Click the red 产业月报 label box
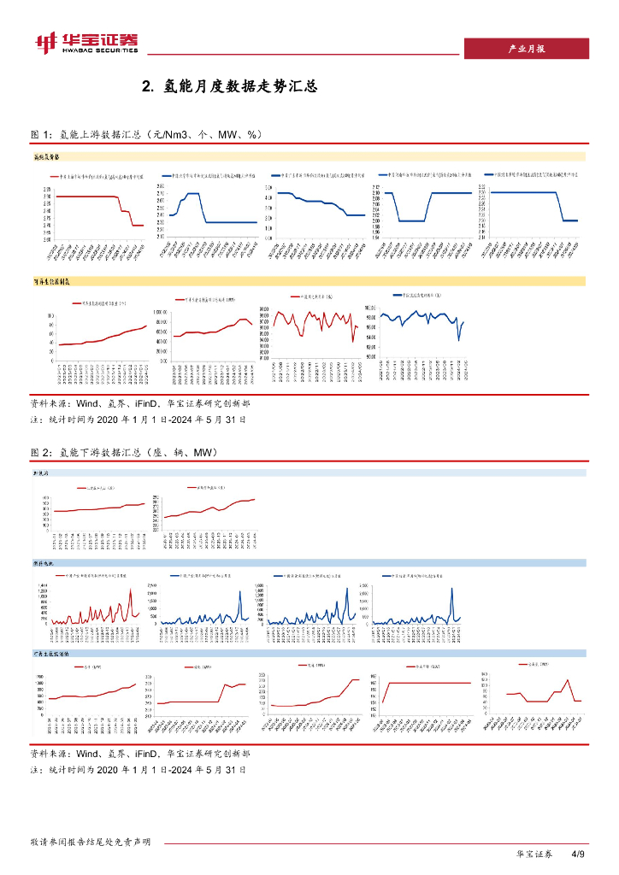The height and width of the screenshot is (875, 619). tap(526, 49)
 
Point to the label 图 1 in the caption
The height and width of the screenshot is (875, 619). tap(41, 135)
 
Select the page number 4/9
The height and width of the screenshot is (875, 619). tap(578, 854)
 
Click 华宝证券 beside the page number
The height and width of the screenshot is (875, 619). tap(535, 854)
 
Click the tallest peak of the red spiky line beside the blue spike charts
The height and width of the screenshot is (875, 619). tap(131, 589)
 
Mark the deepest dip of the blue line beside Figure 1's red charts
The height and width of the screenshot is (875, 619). tap(459, 340)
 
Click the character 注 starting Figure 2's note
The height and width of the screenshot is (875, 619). tap(34, 770)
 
